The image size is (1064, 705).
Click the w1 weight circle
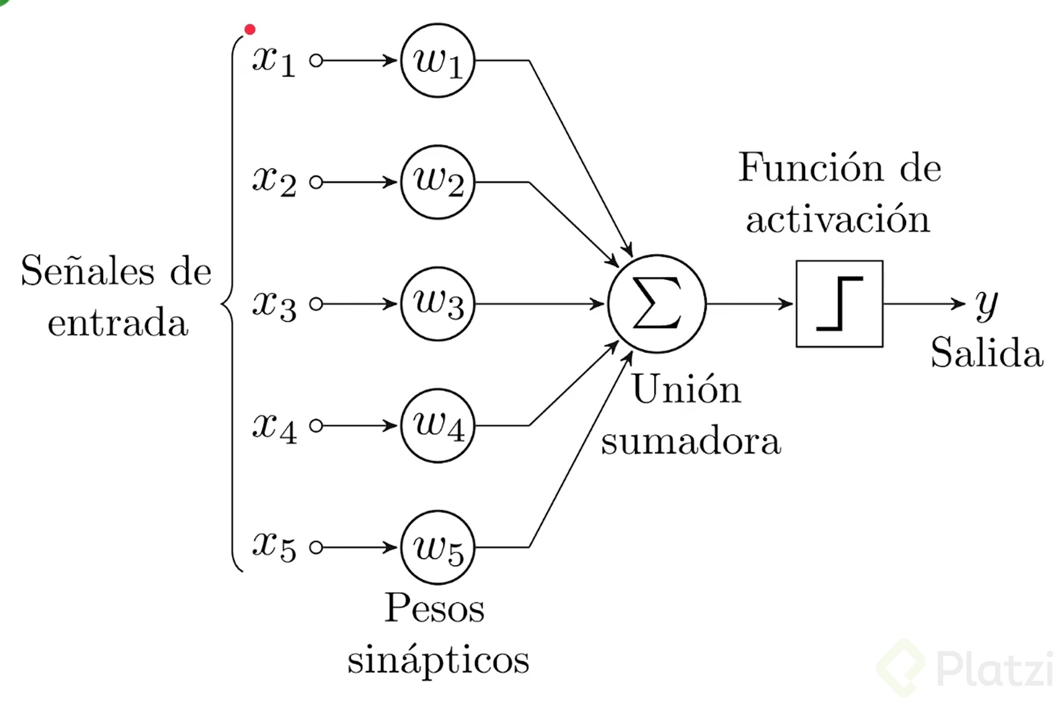click(x=438, y=61)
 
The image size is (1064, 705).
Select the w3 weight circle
click(x=438, y=304)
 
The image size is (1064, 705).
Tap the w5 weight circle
click(x=438, y=547)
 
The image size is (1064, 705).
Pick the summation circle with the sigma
click(x=657, y=304)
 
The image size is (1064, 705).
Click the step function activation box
click(x=839, y=304)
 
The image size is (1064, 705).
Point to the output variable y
click(x=986, y=306)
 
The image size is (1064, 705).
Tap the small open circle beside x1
click(x=316, y=61)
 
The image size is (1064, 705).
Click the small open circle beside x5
click(x=316, y=547)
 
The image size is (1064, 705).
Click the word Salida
click(x=987, y=353)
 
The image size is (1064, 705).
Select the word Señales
click(x=88, y=271)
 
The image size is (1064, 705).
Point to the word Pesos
click(x=434, y=608)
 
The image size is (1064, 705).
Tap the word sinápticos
click(x=438, y=660)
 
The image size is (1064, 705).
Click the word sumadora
click(x=691, y=441)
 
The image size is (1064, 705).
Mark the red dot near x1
click(x=250, y=30)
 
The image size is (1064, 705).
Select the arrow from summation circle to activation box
click(x=749, y=304)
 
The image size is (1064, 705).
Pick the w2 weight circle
click(x=438, y=182)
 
